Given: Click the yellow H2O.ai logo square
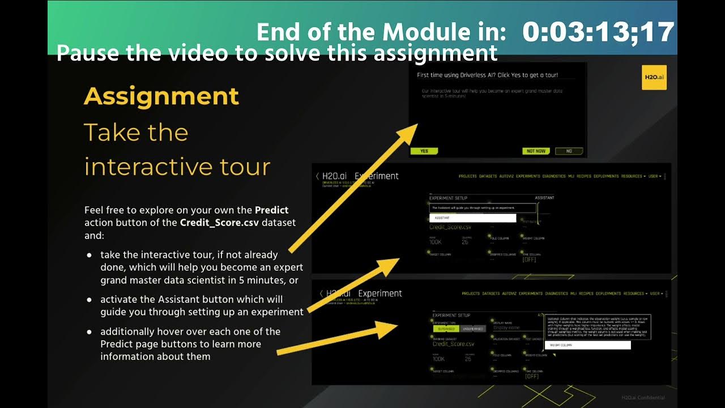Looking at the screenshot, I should [x=654, y=77].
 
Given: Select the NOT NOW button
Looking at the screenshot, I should [x=536, y=151].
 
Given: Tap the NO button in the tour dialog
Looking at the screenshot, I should [x=569, y=151].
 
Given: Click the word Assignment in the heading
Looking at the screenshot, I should [x=161, y=97].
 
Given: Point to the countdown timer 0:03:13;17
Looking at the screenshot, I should [x=598, y=32].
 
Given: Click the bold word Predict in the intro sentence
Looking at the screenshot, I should [x=271, y=210].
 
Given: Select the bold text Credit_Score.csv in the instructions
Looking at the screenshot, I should [x=219, y=223].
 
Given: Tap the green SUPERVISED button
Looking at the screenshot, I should [x=446, y=329].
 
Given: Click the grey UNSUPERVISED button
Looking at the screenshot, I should [x=472, y=329].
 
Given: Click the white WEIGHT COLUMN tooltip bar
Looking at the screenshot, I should [x=587, y=345].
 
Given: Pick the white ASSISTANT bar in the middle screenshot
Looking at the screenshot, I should [x=472, y=218].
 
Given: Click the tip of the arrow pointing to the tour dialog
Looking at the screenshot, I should [x=416, y=126].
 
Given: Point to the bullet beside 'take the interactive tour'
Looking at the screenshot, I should [x=89, y=255].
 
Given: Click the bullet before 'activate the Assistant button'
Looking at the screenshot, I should [x=89, y=299].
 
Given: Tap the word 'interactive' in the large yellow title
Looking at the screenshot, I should [x=144, y=167].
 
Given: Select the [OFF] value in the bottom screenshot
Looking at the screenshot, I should [x=532, y=376].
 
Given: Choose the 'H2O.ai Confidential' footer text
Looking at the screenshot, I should [x=642, y=398].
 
